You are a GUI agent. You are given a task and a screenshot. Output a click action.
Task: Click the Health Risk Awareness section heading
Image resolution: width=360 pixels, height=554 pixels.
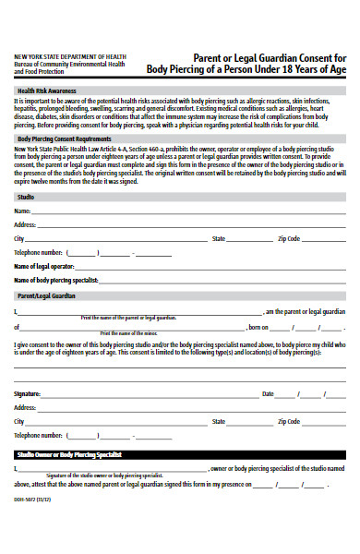[46, 91]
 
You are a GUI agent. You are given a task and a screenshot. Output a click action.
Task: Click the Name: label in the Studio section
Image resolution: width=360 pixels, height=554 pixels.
[22, 211]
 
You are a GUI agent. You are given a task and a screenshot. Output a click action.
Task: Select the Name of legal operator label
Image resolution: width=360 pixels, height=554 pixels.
[43, 266]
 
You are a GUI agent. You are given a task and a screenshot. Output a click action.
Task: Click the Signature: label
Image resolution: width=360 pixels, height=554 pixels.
[28, 393]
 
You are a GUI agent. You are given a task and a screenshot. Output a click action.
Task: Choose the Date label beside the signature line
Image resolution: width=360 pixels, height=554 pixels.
[268, 393]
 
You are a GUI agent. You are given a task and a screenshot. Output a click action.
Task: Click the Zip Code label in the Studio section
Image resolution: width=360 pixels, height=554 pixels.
[289, 238]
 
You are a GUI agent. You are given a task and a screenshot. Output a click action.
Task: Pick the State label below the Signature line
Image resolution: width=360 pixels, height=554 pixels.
[219, 421]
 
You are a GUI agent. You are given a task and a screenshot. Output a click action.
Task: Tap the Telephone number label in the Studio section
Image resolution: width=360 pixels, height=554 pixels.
[38, 252]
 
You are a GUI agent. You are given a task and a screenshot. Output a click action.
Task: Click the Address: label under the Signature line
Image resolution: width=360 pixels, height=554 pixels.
[25, 407]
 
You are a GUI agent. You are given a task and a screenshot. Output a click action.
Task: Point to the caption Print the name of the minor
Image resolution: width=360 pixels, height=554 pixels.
[129, 332]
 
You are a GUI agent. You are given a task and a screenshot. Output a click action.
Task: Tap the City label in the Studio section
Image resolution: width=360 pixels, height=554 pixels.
[18, 238]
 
